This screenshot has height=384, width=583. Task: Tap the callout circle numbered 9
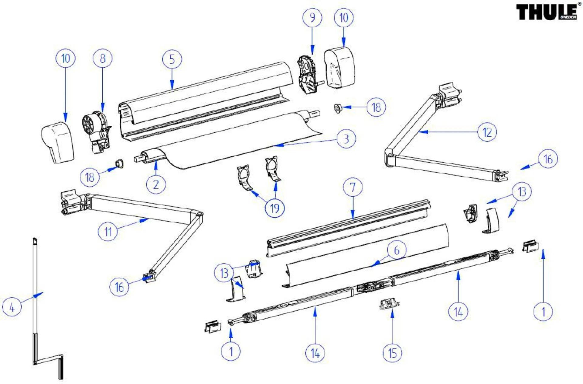pyautogui.click(x=312, y=18)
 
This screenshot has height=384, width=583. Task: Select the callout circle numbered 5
pyautogui.click(x=172, y=59)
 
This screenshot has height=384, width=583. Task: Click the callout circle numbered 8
pyautogui.click(x=103, y=58)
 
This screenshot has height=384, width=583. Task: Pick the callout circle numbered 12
pyautogui.click(x=487, y=132)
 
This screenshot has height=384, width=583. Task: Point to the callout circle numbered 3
pyautogui.click(x=346, y=139)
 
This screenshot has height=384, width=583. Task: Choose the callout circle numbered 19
pyautogui.click(x=274, y=208)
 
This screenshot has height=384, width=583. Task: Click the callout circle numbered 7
pyautogui.click(x=353, y=187)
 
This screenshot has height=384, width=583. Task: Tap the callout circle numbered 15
pyautogui.click(x=392, y=353)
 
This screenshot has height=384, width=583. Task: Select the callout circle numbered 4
pyautogui.click(x=12, y=307)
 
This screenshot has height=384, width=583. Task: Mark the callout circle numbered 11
pyautogui.click(x=108, y=232)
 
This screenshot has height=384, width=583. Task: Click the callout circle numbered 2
pyautogui.click(x=156, y=184)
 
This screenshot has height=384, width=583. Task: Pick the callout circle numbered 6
pyautogui.click(x=397, y=250)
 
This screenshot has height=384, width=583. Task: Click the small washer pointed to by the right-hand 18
pyautogui.click(x=337, y=107)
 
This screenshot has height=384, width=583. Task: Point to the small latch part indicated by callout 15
pyautogui.click(x=389, y=303)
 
